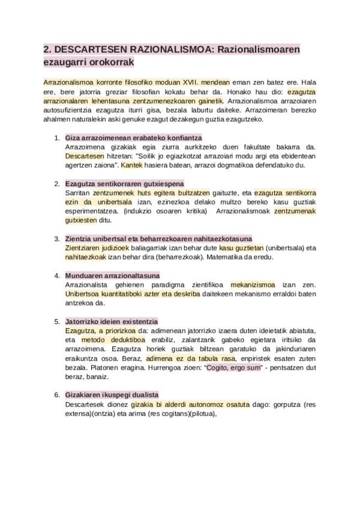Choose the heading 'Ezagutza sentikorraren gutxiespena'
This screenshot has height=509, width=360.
pos(124,183)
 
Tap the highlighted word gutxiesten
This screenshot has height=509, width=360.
pos(80,220)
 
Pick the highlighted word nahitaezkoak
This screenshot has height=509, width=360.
pos(86,257)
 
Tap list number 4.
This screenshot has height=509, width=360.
pos(56,276)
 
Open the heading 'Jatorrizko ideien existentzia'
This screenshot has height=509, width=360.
pos(111,321)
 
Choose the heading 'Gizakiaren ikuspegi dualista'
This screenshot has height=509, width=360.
pos(112,395)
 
